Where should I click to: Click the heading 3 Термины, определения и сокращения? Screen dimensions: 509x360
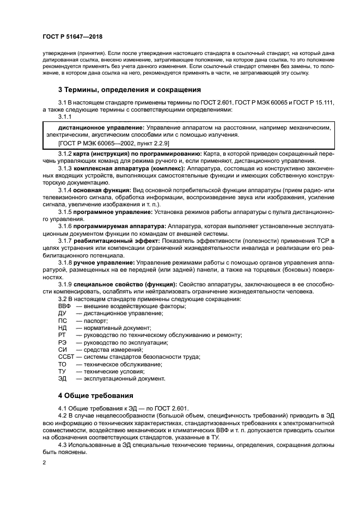click(130, 89)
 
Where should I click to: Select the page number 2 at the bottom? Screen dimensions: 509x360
click(45, 463)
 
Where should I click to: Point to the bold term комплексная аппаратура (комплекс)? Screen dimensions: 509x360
click(130, 168)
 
